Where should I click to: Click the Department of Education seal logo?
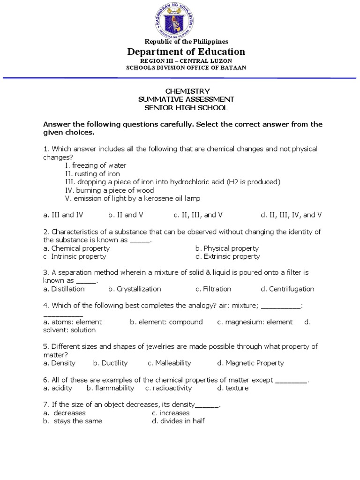click(x=180, y=19)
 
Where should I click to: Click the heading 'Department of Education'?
click(x=186, y=52)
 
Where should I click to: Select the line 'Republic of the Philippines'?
click(x=186, y=42)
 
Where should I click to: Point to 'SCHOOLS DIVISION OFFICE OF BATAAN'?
click(x=186, y=67)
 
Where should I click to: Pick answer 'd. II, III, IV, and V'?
click(x=291, y=215)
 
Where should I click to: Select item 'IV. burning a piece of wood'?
click(x=110, y=190)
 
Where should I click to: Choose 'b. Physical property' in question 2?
click(x=227, y=248)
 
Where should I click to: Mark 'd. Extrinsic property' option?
click(x=228, y=256)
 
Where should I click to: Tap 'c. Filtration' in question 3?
click(x=213, y=289)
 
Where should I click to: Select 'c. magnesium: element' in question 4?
click(x=255, y=322)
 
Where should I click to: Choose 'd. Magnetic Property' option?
click(x=250, y=363)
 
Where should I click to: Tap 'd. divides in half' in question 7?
click(x=178, y=421)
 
